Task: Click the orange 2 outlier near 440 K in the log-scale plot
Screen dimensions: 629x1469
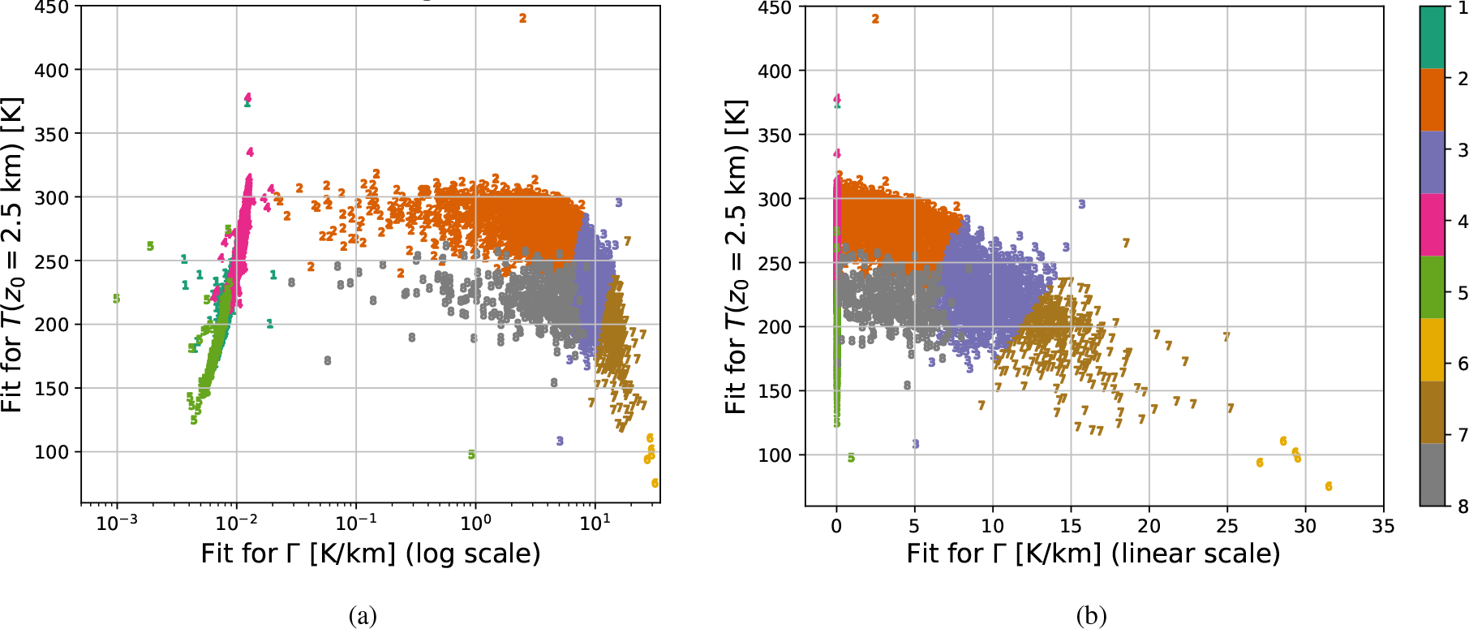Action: pyautogui.click(x=522, y=18)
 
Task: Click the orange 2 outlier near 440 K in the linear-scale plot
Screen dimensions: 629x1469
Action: pyautogui.click(x=875, y=19)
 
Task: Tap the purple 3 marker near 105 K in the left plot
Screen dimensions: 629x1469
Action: pyautogui.click(x=560, y=441)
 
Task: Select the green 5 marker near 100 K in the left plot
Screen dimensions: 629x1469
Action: pyautogui.click(x=471, y=455)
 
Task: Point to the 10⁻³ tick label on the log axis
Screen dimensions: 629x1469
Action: pyautogui.click(x=117, y=523)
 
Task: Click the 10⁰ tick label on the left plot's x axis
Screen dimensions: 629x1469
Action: pyautogui.click(x=475, y=523)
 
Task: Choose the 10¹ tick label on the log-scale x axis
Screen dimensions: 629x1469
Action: pyautogui.click(x=595, y=523)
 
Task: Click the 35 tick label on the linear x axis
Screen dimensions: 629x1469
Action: pyautogui.click(x=1383, y=526)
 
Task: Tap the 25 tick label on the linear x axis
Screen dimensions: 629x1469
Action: pyautogui.click(x=1226, y=526)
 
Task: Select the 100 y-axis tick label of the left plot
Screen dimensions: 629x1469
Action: pyautogui.click(x=52, y=452)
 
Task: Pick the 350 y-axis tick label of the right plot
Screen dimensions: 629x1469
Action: pyautogui.click(x=775, y=135)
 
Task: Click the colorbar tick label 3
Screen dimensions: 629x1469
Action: pyautogui.click(x=1463, y=150)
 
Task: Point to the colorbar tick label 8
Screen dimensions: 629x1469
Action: pyautogui.click(x=1463, y=506)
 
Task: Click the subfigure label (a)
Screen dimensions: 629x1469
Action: pyautogui.click(x=363, y=616)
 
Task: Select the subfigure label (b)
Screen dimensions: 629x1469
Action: pyautogui.click(x=1091, y=616)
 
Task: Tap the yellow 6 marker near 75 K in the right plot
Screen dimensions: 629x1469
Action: pyautogui.click(x=1329, y=486)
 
